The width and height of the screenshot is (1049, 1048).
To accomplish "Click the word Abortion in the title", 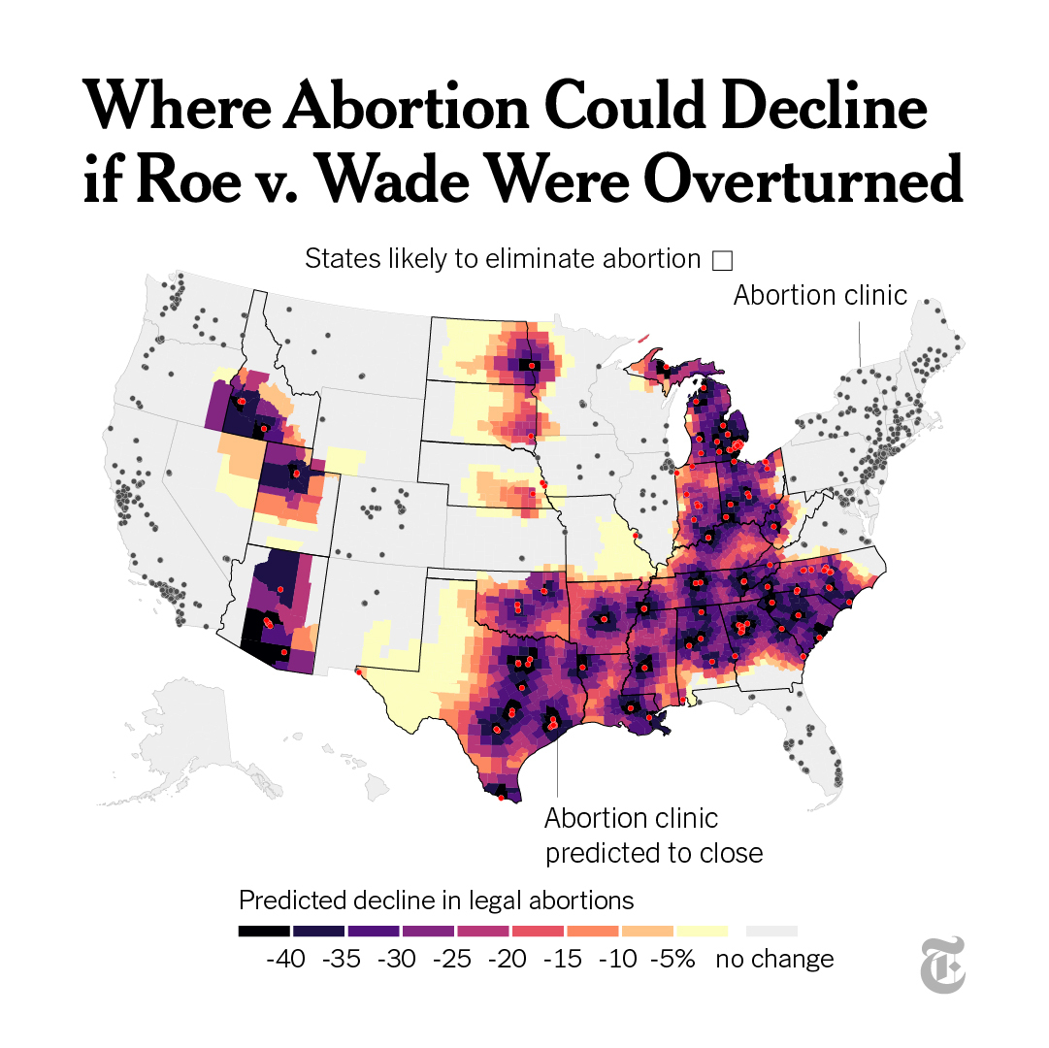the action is click(407, 106).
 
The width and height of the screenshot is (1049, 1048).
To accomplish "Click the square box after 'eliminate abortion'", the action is click(723, 260).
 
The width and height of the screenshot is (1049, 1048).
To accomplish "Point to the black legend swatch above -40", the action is click(264, 931).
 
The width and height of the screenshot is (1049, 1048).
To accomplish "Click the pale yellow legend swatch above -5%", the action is click(702, 931).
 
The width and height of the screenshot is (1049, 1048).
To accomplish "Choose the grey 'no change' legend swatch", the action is click(772, 931).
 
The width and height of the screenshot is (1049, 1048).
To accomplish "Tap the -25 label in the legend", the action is click(451, 959).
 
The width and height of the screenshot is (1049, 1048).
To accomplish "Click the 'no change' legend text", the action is click(774, 959).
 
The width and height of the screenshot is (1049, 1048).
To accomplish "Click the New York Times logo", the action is click(943, 965).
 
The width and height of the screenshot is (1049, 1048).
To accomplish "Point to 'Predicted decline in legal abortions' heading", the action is click(436, 901).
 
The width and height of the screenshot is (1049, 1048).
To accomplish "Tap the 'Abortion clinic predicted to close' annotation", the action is click(654, 835).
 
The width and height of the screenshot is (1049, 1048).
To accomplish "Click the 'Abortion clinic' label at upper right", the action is click(820, 295).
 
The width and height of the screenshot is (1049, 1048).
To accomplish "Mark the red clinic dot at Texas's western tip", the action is click(359, 671).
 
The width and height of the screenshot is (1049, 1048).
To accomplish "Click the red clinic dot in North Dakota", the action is click(532, 366).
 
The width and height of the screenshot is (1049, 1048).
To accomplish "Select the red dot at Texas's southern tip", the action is click(501, 798).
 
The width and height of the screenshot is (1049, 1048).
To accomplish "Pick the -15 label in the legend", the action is click(562, 959).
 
